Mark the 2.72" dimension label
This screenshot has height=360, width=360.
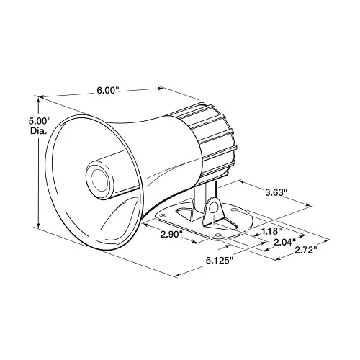pyautogui.click(x=303, y=251)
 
